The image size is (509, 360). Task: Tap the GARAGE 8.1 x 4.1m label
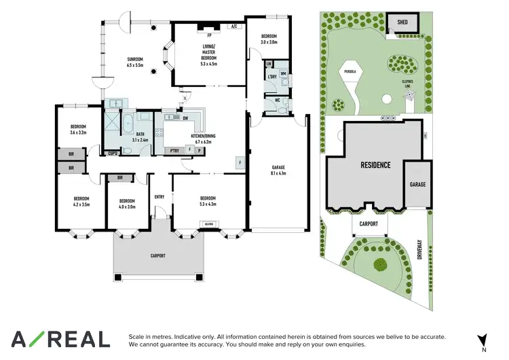[x=278, y=170]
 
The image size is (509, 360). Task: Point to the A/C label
[x=234, y=26]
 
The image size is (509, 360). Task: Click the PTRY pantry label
[x=175, y=150]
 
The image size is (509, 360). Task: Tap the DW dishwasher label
[x=185, y=118]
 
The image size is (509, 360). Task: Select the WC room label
[x=278, y=101]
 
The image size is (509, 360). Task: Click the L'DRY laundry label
[x=271, y=76]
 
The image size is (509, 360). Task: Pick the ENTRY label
[x=159, y=197]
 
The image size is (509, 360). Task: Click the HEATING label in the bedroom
[x=208, y=223]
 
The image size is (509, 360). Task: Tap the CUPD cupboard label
[x=113, y=154]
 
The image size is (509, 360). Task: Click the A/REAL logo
[x=60, y=339]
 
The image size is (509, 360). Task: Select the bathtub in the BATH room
[x=128, y=123]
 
